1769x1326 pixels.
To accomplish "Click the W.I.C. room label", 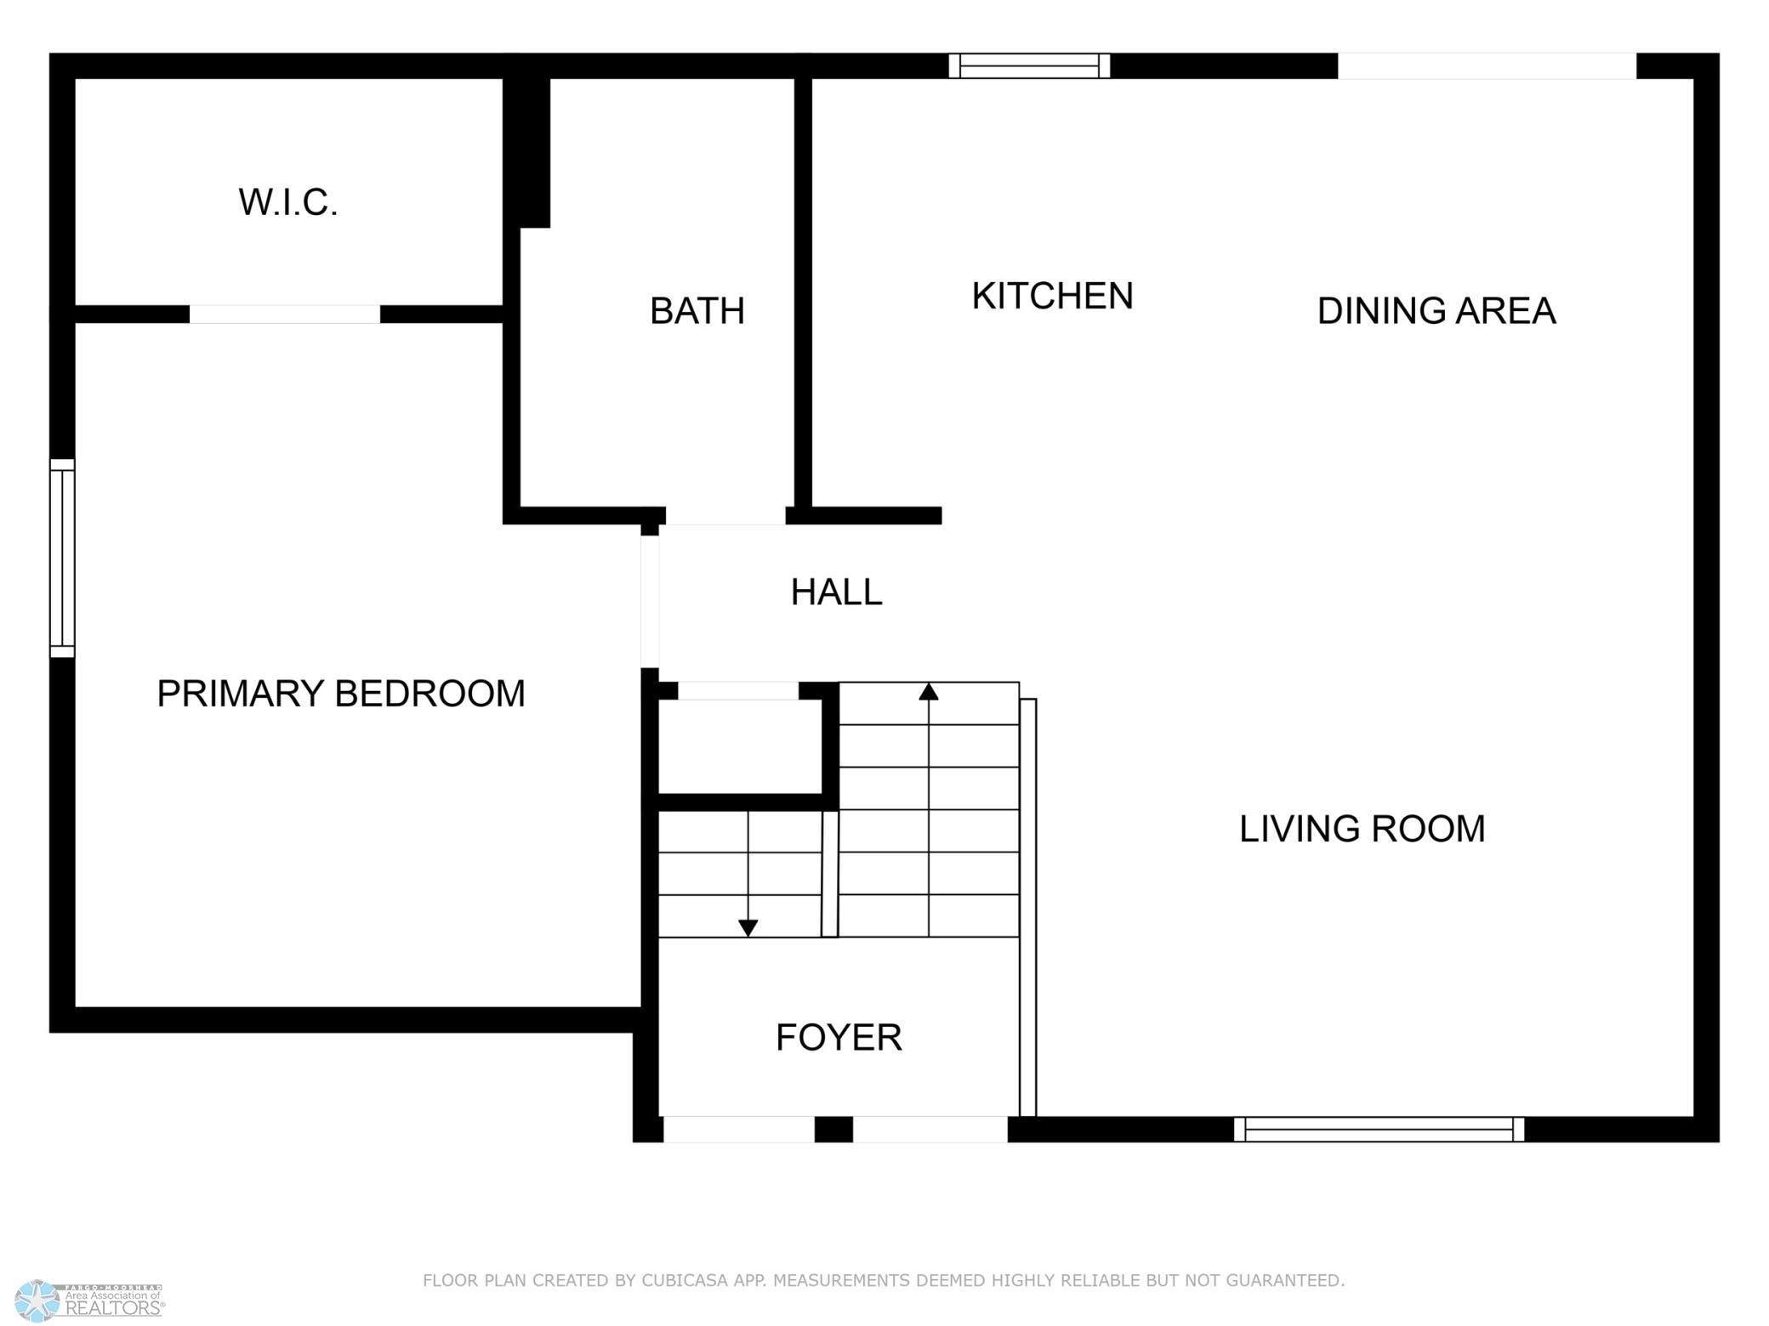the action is tap(288, 202).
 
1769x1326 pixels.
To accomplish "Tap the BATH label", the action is tap(697, 311).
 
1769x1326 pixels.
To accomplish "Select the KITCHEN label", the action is tap(1052, 296).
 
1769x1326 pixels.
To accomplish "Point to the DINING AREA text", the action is tap(1436, 311).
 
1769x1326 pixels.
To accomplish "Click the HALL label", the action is tap(836, 592).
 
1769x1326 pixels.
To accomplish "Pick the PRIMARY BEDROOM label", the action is tap(341, 694).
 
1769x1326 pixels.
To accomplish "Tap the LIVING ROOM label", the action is tap(1362, 829).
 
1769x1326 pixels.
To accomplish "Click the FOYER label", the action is tap(839, 1038).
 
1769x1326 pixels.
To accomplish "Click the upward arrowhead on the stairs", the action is tap(929, 692).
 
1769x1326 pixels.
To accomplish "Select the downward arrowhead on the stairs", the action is tap(748, 928).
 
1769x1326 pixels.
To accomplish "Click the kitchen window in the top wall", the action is tap(1029, 65).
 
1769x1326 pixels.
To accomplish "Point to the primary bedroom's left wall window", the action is tap(62, 558).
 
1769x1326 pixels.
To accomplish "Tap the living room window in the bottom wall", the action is tap(1379, 1129).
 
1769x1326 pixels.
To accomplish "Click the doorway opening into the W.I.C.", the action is tap(285, 314).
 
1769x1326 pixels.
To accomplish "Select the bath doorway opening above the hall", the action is tap(725, 516).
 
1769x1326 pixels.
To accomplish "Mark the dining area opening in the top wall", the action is tap(1487, 65).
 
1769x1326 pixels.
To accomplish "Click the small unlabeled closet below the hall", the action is tap(740, 746).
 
